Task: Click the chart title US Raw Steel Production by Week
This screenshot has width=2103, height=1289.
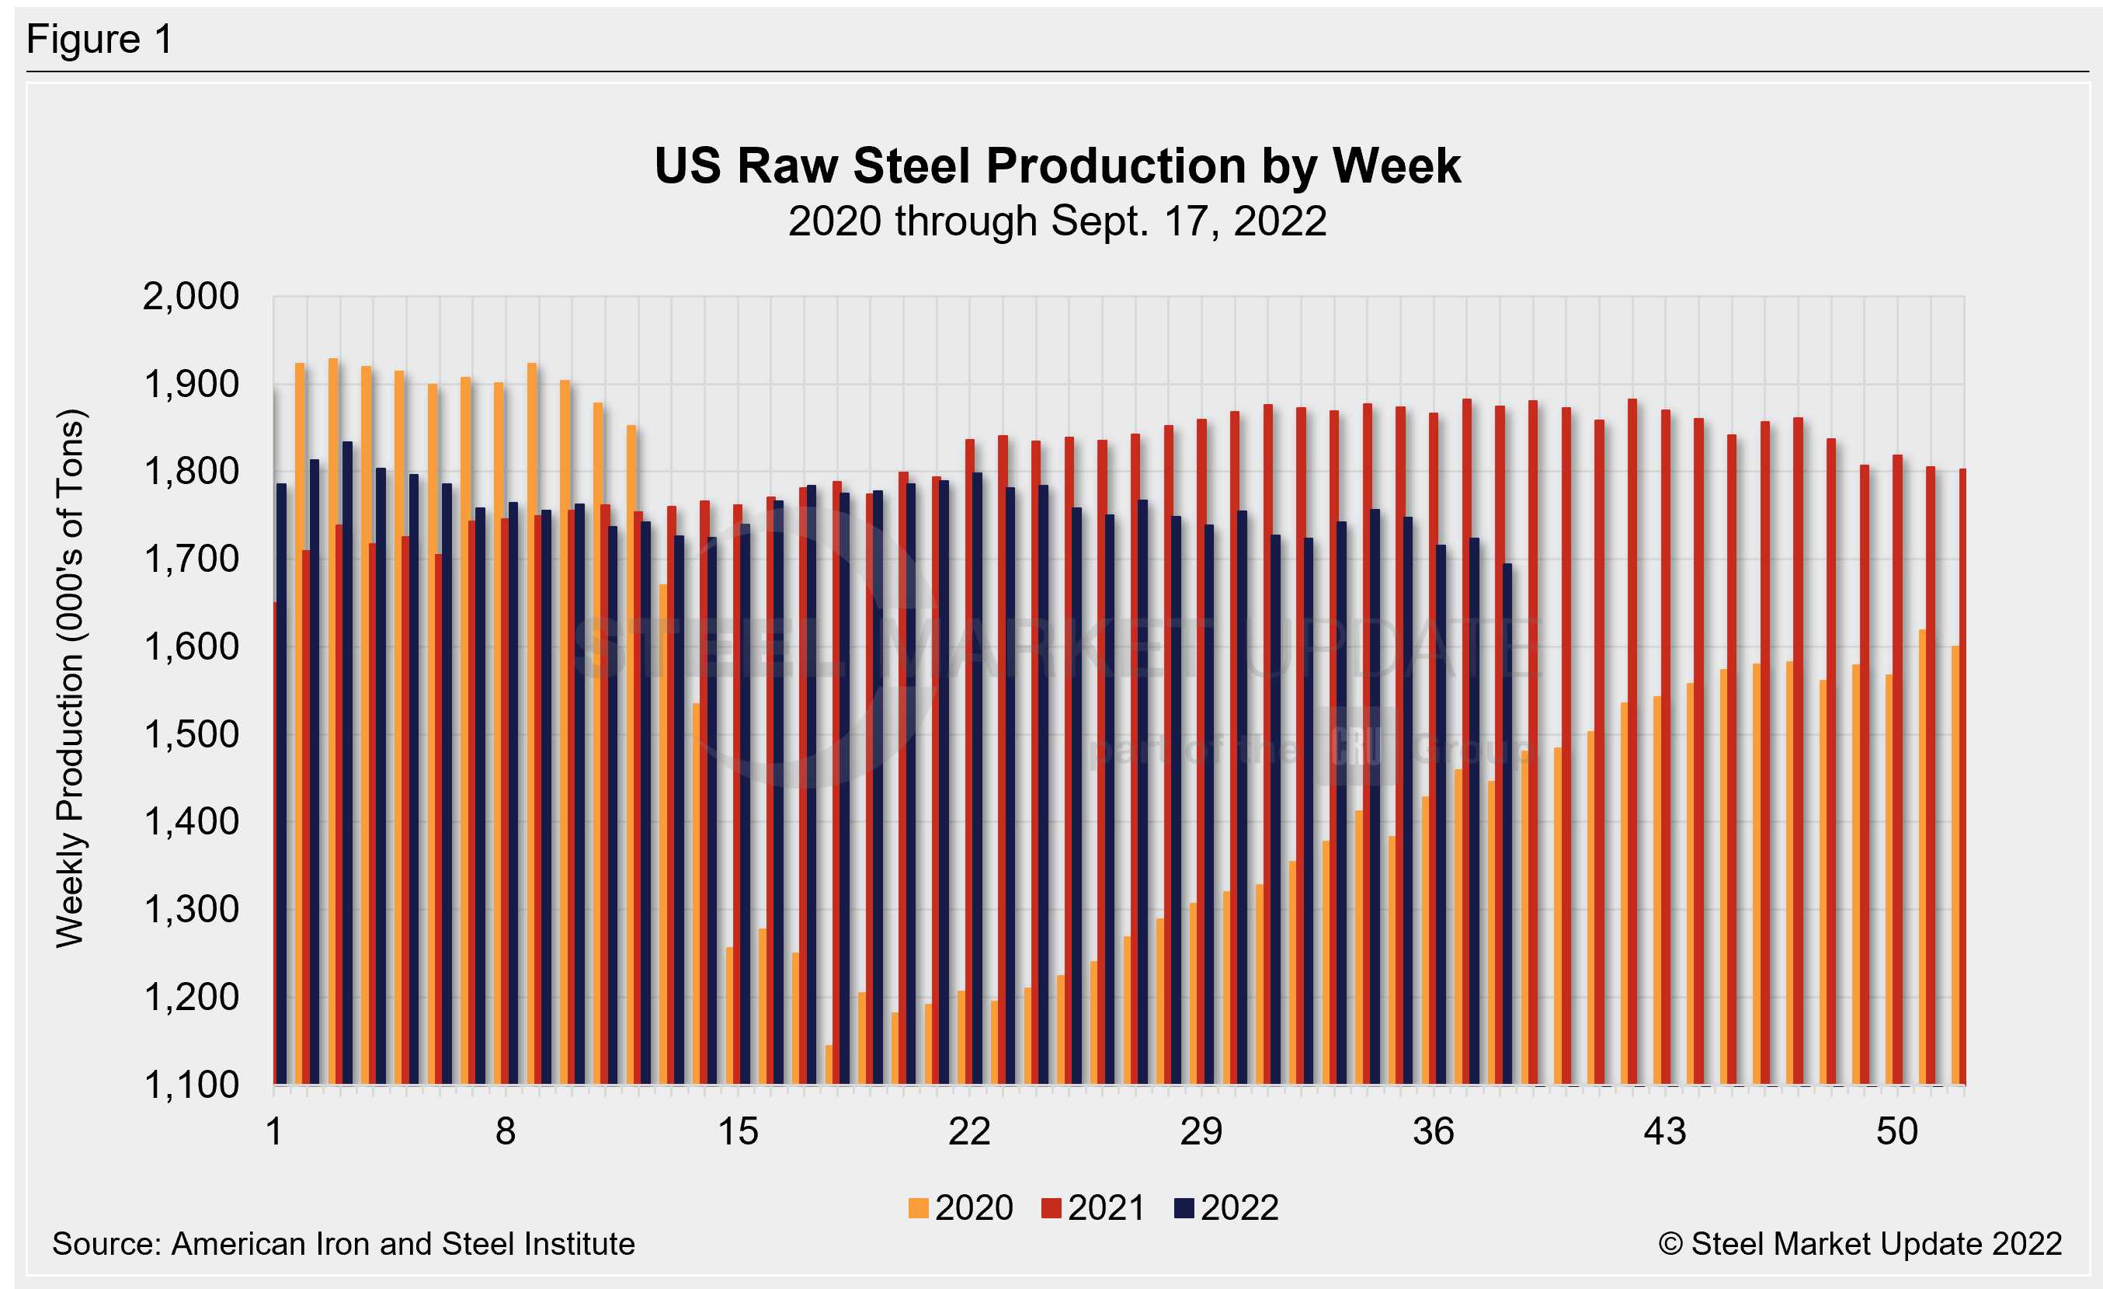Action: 1057,165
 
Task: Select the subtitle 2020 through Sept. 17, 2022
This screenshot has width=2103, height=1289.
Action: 1057,221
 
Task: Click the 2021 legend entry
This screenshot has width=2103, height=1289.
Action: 1093,1208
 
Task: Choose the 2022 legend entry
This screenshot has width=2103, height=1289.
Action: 1226,1208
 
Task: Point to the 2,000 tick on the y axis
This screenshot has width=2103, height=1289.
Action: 190,297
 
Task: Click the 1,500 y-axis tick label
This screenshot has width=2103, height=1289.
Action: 190,735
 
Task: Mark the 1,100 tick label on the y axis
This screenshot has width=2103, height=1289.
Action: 190,1085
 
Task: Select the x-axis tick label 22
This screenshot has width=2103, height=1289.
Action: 969,1132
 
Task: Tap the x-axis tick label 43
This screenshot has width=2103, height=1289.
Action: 1665,1132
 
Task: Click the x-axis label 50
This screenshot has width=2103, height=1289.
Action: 1896,1132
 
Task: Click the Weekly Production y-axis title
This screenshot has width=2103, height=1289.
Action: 70,678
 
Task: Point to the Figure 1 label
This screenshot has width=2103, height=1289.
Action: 100,40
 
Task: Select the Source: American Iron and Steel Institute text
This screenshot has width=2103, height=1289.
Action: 343,1244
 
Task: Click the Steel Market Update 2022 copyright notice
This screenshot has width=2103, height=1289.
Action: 1860,1244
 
